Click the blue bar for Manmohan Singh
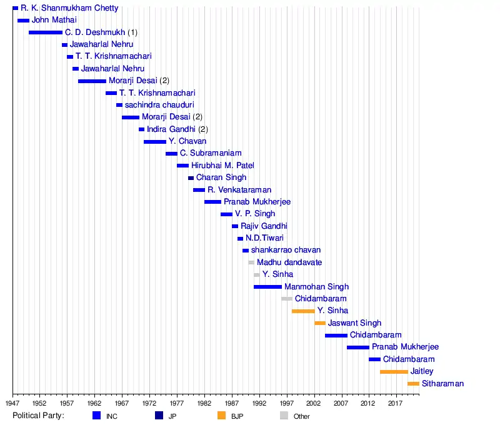point(267,287)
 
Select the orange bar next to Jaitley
point(394,372)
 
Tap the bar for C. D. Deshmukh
point(45,32)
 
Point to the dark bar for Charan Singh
point(191,177)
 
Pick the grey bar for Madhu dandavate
point(251,262)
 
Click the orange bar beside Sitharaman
point(413,384)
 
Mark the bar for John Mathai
point(23,20)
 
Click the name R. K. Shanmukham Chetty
point(69,8)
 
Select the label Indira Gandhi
point(171,129)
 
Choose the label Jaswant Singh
point(354,323)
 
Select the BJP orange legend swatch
point(221,416)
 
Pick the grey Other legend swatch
point(284,416)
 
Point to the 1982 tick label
point(204,404)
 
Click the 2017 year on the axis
point(395,404)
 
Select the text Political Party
point(38,416)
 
